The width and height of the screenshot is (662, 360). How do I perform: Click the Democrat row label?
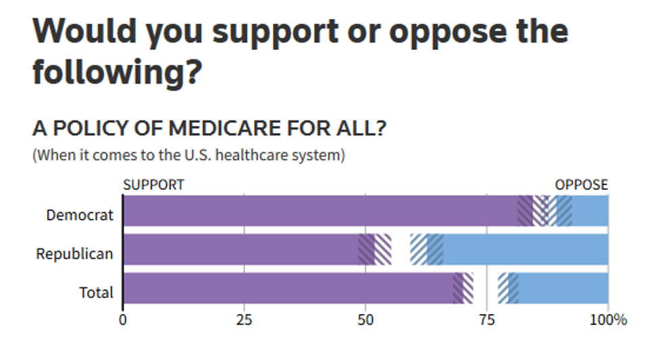[x=80, y=215]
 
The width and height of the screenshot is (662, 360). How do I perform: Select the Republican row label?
[x=74, y=254]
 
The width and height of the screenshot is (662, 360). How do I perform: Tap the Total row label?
[x=96, y=292]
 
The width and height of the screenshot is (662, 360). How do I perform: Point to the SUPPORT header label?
[x=153, y=185]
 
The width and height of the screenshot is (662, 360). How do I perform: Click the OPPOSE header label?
[x=581, y=185]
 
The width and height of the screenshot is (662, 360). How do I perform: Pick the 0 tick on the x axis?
[x=122, y=319]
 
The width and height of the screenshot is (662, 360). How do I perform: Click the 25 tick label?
[x=244, y=319]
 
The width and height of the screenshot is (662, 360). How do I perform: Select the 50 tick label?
[x=365, y=319]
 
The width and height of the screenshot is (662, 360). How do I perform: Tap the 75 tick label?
[x=486, y=319]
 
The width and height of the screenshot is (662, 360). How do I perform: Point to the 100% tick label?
[x=608, y=319]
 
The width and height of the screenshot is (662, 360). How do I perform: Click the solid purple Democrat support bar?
[x=317, y=211]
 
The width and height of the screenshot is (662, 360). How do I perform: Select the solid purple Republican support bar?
[x=240, y=249]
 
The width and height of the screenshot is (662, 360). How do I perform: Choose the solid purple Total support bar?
[x=287, y=288]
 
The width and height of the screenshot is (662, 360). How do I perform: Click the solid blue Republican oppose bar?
[x=526, y=249]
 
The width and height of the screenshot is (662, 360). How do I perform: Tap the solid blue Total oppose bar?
[x=563, y=288]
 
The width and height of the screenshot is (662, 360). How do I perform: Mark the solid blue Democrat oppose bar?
[x=590, y=211]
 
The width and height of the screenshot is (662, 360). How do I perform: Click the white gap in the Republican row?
[x=401, y=249]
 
